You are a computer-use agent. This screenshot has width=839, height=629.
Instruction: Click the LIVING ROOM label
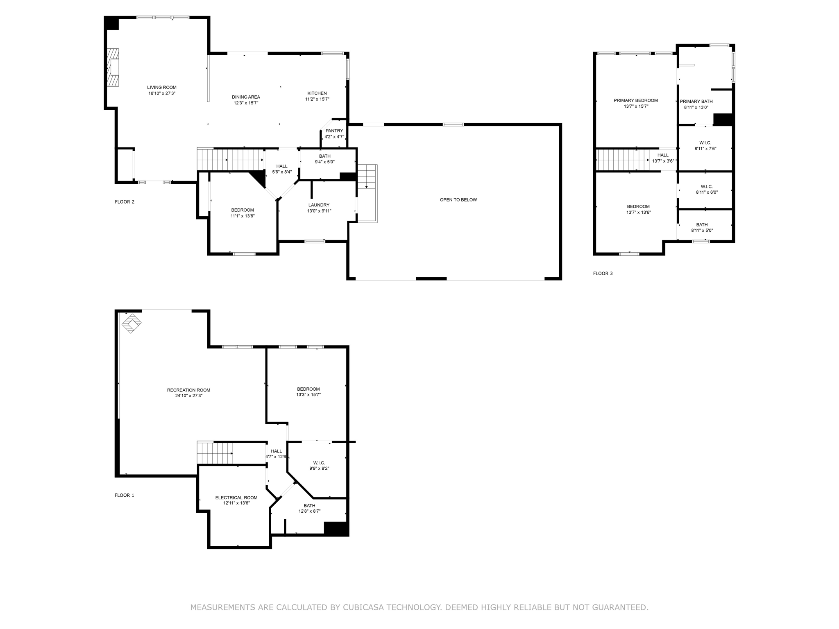click(162, 87)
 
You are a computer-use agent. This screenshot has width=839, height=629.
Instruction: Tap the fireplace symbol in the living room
click(113, 68)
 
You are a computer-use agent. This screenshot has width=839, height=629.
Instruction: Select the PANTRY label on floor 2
click(334, 131)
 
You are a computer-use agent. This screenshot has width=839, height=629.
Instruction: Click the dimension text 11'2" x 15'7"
click(317, 99)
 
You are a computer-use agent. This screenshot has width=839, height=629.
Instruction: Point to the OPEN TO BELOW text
click(458, 200)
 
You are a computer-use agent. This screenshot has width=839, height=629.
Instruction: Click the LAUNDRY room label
click(319, 205)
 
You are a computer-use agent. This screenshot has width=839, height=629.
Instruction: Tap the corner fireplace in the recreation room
click(132, 323)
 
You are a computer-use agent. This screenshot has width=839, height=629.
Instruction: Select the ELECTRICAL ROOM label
click(236, 498)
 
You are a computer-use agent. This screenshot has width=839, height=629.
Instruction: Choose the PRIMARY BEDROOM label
click(636, 100)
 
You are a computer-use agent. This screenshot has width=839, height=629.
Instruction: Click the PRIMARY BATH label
click(696, 102)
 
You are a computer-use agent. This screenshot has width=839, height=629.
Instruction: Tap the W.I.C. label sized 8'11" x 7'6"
click(705, 143)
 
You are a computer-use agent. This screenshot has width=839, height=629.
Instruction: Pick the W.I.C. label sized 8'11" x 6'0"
click(707, 187)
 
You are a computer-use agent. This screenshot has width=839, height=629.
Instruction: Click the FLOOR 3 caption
click(603, 274)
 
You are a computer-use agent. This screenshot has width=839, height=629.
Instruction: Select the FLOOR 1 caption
click(124, 496)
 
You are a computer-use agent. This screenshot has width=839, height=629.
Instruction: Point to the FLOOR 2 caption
click(125, 202)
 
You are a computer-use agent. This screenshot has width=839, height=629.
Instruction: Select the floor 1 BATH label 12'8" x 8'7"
click(309, 506)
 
